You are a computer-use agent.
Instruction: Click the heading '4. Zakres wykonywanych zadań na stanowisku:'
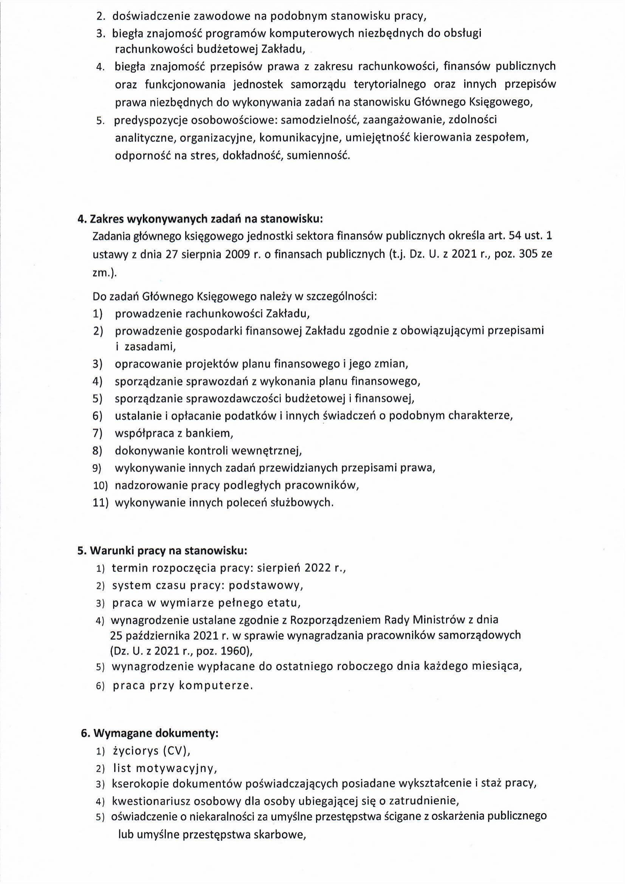(x=200, y=219)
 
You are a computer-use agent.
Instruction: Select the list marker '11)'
(x=101, y=503)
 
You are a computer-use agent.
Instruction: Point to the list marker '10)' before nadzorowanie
(x=100, y=486)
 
